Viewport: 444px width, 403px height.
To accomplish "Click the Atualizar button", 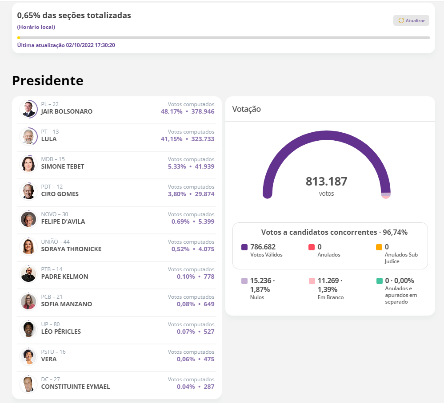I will tap(411, 20).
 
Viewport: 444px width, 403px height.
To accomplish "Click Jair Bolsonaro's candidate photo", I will tap(28, 109).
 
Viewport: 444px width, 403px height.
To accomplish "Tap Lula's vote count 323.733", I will tap(203, 139).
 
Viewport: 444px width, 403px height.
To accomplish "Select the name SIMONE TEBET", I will tap(62, 166).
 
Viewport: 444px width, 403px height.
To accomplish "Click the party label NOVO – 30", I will tap(55, 214).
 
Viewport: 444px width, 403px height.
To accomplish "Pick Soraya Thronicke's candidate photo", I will tap(28, 246).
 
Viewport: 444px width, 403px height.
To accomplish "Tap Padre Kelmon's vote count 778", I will tap(209, 277).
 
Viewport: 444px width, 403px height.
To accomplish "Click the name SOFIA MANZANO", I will tap(66, 304).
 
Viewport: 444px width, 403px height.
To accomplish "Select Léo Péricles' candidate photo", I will tap(28, 329).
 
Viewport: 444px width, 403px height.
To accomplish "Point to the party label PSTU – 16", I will tap(53, 352).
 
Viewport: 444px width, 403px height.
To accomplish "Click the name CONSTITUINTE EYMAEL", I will tap(75, 387).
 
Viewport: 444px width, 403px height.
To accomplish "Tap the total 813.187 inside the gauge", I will tap(326, 182).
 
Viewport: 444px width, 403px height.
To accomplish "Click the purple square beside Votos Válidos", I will tap(244, 247).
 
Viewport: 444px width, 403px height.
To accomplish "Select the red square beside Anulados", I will tap(312, 247).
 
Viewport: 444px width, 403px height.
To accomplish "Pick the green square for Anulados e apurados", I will tap(379, 281).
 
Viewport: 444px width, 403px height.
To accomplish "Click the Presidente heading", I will tap(48, 80).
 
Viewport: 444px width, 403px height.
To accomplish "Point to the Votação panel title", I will tap(246, 109).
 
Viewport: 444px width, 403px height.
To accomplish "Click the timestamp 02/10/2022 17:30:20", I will tap(91, 45).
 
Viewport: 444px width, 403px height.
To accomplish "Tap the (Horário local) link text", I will tap(36, 27).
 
